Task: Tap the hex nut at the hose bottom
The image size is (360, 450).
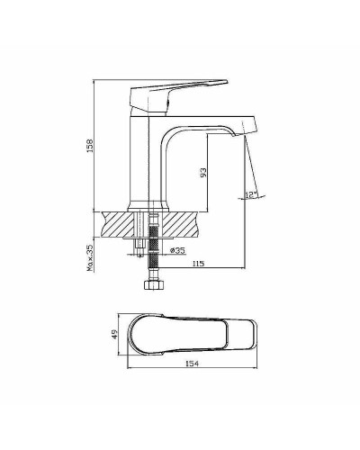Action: [x=152, y=287]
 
